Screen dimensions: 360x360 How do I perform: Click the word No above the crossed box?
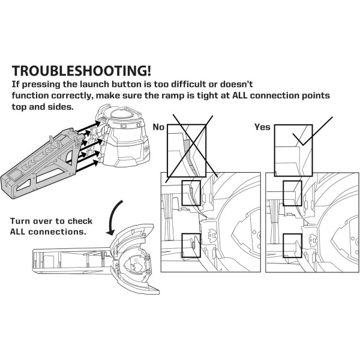[x=158, y=127]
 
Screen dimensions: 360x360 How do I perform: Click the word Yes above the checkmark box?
[x=263, y=127]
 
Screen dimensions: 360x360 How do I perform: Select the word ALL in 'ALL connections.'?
[x=21, y=232]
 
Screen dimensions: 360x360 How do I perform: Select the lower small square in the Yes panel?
[x=292, y=242]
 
